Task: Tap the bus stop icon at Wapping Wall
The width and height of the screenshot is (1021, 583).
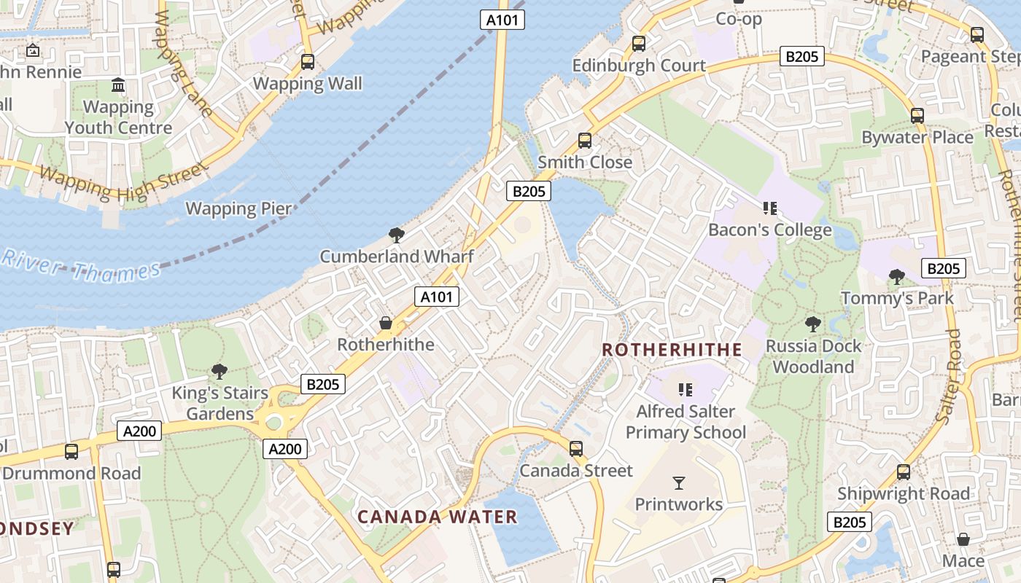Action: [x=308, y=62]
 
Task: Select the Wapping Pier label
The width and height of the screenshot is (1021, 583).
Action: [x=238, y=209]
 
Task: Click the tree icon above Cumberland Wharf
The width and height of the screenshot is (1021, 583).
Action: [x=397, y=235]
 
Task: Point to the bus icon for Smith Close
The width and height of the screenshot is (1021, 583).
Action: [x=585, y=141]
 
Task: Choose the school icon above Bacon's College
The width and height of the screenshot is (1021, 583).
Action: [x=769, y=209]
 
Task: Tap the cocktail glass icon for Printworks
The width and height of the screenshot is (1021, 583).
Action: [x=679, y=482]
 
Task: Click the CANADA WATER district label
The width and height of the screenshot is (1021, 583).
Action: [x=438, y=517]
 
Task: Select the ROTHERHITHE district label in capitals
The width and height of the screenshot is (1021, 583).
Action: [x=672, y=350]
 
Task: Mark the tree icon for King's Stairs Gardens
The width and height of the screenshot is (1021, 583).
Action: [x=219, y=372]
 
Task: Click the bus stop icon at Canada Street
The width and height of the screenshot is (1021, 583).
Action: [x=576, y=449]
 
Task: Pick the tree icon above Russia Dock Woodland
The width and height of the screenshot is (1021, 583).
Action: [x=812, y=324]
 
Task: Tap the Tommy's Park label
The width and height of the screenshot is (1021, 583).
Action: [x=897, y=298]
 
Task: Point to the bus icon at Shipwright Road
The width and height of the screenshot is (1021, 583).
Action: [x=904, y=472]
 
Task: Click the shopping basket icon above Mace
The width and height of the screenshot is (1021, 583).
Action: [x=963, y=539]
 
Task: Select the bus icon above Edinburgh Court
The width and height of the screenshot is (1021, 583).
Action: [x=639, y=44]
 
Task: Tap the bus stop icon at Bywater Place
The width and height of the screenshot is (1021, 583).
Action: [x=917, y=115]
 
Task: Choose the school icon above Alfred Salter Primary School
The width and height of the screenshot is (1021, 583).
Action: [x=685, y=390]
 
